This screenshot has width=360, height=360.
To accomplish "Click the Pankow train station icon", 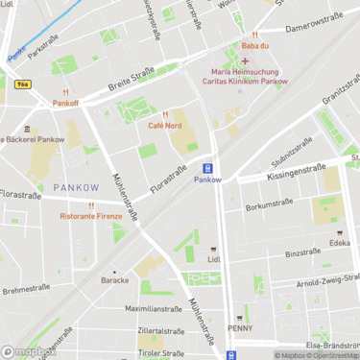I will tap(207, 167).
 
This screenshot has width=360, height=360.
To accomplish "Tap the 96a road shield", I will tap(21, 84).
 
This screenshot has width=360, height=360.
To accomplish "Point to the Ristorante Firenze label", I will tap(92, 216).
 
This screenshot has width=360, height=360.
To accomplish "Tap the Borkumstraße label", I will tap(269, 204).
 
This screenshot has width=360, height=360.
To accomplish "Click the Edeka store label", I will tap(339, 243).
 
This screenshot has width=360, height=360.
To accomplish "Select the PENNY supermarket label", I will tap(240, 327).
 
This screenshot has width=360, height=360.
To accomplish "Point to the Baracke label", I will tap(115, 280).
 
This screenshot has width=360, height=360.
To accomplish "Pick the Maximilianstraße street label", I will tap(153, 309).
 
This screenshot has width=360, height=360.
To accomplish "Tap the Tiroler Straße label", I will tap(160, 352).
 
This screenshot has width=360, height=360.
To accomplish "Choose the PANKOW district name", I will tap(75, 186).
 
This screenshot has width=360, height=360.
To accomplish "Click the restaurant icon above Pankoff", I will tap(65, 91).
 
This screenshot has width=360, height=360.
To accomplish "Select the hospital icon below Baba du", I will tap(245, 60).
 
